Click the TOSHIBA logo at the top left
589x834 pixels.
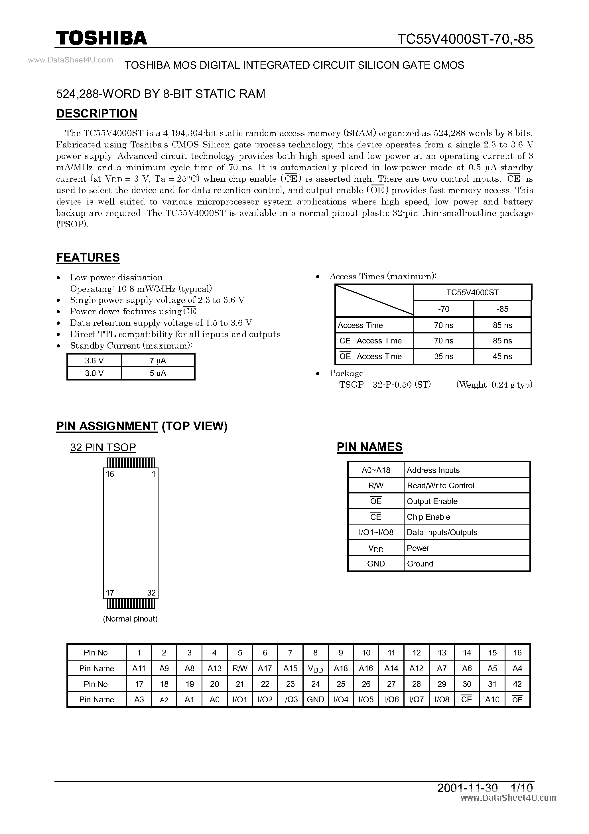pos(101,38)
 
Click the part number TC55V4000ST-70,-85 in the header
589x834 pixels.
pos(465,39)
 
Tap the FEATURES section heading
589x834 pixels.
pos(88,257)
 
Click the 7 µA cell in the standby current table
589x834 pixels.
pos(158,361)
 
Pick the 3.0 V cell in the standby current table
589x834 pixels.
pos(94,373)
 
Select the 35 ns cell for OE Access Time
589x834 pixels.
pos(443,356)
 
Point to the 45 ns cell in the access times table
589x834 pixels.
pos(502,356)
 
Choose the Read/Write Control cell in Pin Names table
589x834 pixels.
pos(440,486)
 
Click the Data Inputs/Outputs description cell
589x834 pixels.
pos(442,532)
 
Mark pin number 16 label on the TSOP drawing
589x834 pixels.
pos(110,474)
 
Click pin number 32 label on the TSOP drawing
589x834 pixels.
pos(151,593)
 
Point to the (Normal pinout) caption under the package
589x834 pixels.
pos(130,619)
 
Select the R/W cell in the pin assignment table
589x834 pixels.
pos(240,668)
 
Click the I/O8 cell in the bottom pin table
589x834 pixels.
pos(442,699)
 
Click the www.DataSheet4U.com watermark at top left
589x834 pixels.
pos(70,60)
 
